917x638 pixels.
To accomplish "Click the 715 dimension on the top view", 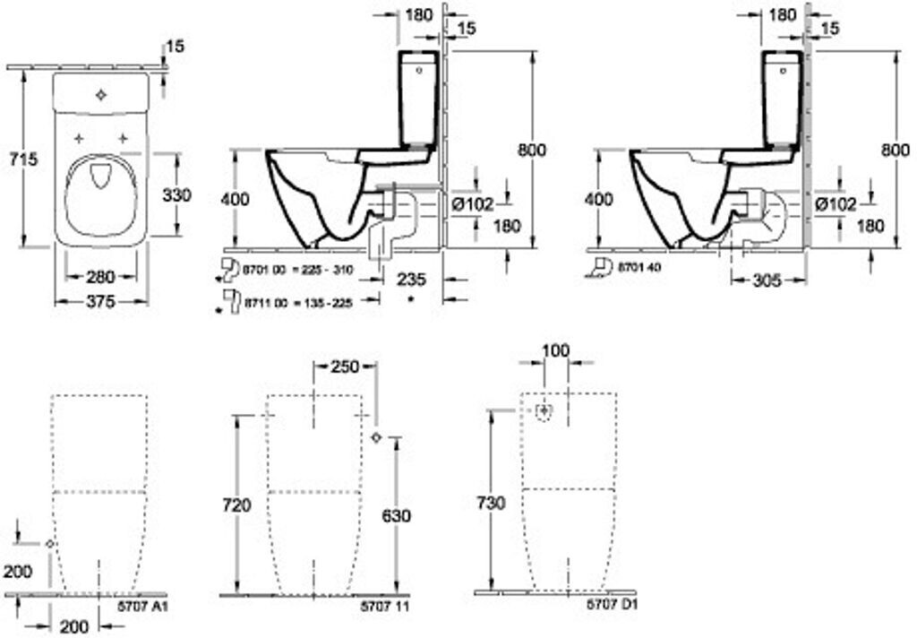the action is pyautogui.click(x=21, y=159).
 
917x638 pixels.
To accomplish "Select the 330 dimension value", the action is pyautogui.click(x=176, y=194).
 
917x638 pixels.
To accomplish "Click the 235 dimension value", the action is pyautogui.click(x=411, y=278).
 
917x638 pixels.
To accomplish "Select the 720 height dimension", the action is pyautogui.click(x=237, y=506).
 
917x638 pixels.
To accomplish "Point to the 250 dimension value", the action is pyautogui.click(x=344, y=366).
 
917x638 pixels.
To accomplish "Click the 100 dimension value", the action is pyautogui.click(x=556, y=350).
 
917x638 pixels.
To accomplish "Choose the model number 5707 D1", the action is pyautogui.click(x=612, y=608).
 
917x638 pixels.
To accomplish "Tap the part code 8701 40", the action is pyautogui.click(x=644, y=267).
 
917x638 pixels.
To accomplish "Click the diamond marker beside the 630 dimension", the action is pyautogui.click(x=376, y=437).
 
